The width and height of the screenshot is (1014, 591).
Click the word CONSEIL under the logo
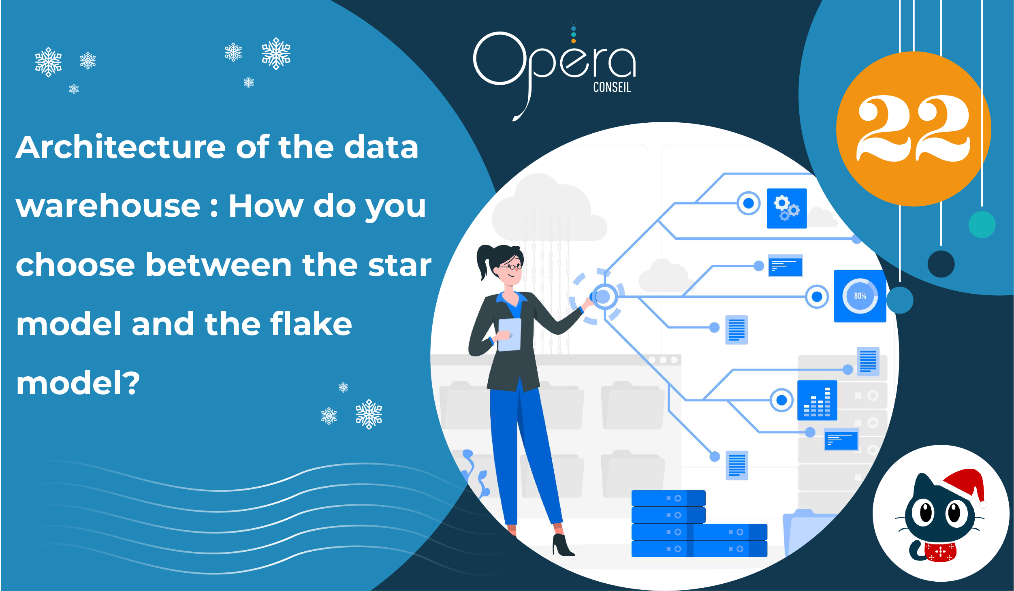[x=612, y=87]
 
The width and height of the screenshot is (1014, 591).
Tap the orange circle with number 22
[x=913, y=129]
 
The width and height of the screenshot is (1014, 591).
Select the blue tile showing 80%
[x=860, y=296]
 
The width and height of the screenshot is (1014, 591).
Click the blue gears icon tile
[x=787, y=208]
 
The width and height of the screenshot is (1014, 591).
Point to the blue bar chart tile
[x=817, y=400]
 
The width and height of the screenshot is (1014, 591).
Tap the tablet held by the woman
[x=509, y=335]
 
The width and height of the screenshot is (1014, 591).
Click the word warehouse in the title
[x=108, y=206]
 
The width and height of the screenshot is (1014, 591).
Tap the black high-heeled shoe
[x=563, y=545]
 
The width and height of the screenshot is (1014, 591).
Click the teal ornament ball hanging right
[x=982, y=224]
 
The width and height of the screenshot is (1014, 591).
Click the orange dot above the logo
[x=573, y=41]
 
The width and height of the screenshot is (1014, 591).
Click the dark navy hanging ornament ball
[x=941, y=264]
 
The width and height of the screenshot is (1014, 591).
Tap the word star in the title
[x=400, y=265]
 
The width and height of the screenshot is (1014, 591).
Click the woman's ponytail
[x=484, y=261]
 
